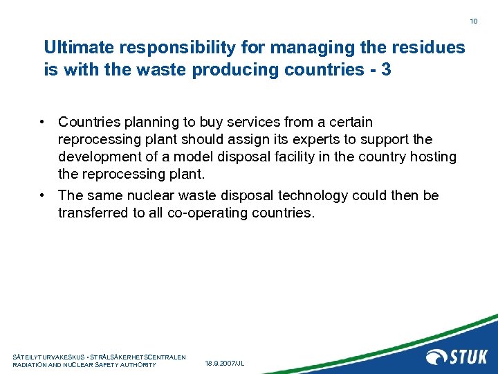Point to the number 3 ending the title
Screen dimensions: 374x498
[385, 70]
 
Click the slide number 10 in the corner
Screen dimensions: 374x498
[474, 21]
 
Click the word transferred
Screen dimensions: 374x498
[91, 213]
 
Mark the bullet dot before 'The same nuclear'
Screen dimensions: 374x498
[44, 196]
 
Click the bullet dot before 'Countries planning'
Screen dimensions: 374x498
[44, 123]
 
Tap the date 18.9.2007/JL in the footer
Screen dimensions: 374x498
[225, 363]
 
